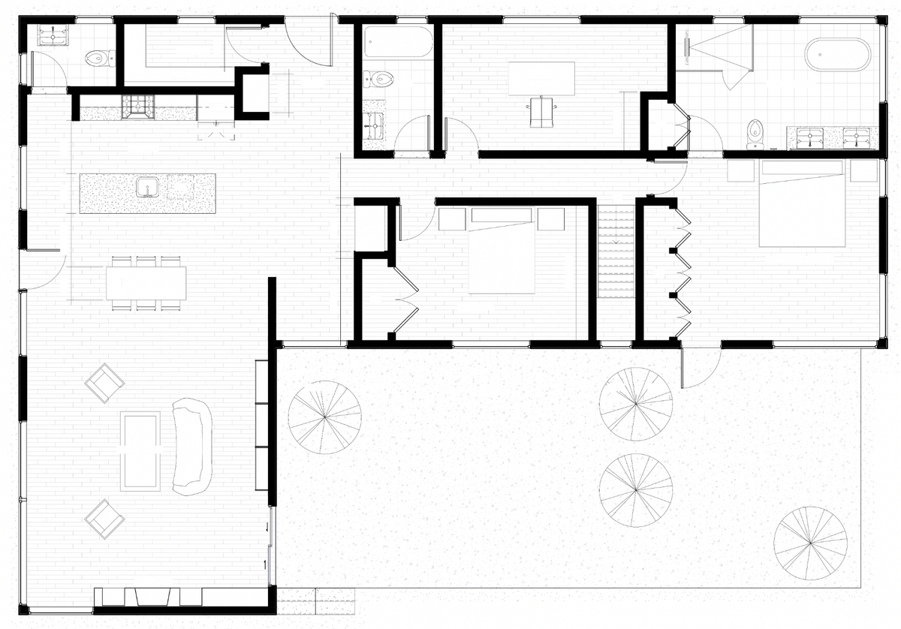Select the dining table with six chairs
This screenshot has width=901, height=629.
point(146,283)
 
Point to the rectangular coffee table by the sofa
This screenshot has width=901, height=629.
point(140,450)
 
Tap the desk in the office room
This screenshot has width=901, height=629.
point(541,78)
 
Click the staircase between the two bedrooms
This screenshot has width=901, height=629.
point(616,251)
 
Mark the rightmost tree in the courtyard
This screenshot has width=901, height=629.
point(809,541)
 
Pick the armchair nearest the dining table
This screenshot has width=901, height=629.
point(104,382)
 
